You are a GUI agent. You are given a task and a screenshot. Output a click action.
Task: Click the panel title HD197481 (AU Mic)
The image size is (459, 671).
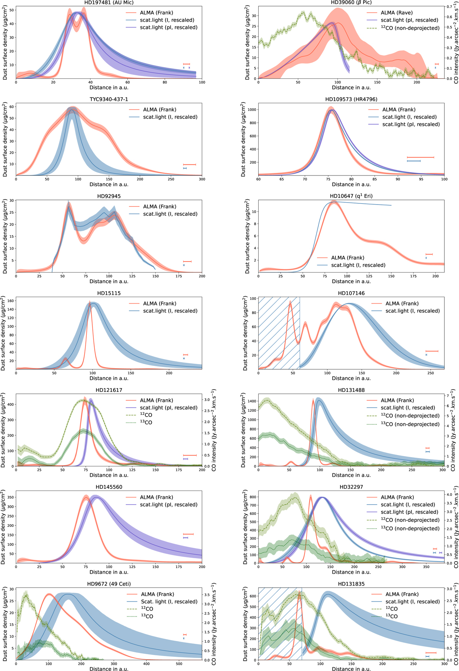click(x=109, y=2)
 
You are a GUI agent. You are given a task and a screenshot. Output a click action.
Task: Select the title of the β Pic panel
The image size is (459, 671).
click(x=351, y=2)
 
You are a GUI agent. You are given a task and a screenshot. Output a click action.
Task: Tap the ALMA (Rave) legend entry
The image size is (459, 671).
click(x=397, y=13)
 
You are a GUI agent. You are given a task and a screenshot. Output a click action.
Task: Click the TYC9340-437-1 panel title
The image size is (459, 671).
click(x=109, y=99)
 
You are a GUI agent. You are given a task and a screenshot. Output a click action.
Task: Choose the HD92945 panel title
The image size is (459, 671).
click(x=109, y=196)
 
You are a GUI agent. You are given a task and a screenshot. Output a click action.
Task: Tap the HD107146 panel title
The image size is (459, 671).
click(x=351, y=293)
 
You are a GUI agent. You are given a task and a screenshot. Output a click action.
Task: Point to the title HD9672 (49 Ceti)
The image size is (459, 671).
click(x=109, y=584)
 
